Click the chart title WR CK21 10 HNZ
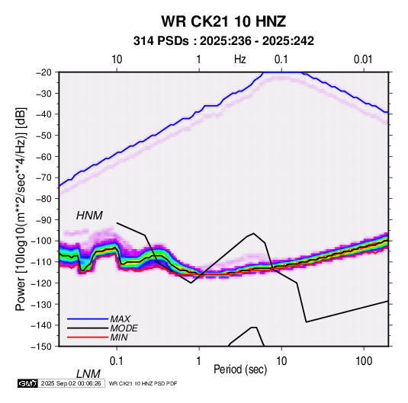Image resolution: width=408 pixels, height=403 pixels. point(223,21)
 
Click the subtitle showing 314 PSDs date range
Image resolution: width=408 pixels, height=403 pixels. point(223,41)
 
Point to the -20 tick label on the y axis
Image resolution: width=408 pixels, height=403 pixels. point(43,72)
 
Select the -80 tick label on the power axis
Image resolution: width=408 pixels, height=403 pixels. point(43,199)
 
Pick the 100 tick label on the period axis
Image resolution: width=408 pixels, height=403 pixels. point(364,361)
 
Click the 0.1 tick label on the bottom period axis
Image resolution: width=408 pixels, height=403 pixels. point(117,361)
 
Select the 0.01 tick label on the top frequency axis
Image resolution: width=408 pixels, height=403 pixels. point(363,59)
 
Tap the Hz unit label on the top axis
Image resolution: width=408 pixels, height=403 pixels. point(240,59)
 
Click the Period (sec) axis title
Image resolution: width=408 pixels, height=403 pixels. point(240,369)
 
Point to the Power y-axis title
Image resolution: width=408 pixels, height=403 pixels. point(21,209)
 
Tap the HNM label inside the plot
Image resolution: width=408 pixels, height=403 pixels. point(89,216)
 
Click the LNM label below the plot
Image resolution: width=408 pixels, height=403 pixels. point(88,374)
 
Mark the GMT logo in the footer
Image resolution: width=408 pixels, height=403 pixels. point(27,383)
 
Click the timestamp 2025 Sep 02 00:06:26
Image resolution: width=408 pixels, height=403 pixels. point(71,383)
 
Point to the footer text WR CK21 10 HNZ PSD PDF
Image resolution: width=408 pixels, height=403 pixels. point(143,383)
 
